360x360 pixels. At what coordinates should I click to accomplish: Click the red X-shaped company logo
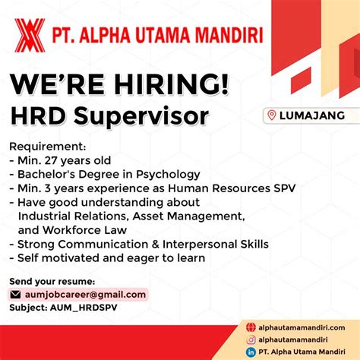click(30, 35)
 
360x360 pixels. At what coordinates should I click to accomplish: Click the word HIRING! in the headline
click(172, 84)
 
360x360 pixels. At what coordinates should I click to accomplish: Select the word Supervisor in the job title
click(141, 116)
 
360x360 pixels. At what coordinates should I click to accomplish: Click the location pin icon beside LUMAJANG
click(272, 115)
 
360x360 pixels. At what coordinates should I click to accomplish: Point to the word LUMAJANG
click(312, 115)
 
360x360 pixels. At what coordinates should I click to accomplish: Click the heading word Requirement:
click(48, 147)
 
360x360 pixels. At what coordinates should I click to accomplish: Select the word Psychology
click(168, 175)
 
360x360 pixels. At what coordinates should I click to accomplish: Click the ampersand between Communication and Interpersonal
click(155, 245)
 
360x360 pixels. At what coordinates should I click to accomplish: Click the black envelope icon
click(15, 295)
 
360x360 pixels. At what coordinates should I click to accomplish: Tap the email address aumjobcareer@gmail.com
click(85, 295)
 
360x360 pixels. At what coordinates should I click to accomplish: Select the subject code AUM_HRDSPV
click(84, 308)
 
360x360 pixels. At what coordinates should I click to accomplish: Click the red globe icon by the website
click(251, 327)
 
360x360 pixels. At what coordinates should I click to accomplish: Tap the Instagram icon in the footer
click(251, 339)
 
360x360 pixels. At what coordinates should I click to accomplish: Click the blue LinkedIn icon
click(251, 352)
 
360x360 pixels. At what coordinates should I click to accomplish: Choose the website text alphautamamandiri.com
click(302, 327)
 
